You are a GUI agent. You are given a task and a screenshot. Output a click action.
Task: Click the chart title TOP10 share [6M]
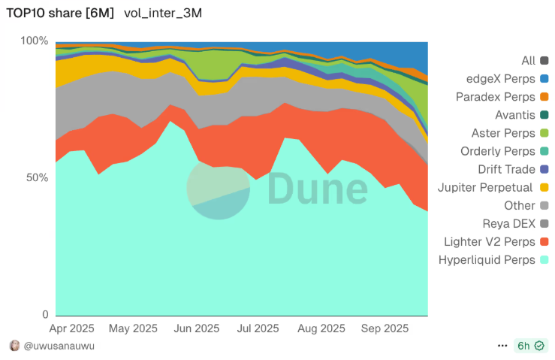point(60,14)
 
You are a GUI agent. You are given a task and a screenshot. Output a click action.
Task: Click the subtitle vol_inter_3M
point(163,14)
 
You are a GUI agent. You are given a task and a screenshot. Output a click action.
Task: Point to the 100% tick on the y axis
point(34,41)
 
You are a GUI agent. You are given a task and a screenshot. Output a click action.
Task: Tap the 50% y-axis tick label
point(37,178)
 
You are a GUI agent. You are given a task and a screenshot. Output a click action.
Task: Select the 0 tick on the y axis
point(45,315)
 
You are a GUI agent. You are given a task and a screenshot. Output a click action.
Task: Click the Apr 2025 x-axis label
point(72,328)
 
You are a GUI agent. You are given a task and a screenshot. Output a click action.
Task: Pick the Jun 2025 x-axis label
point(196,328)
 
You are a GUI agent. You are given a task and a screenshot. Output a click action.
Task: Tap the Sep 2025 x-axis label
point(385,328)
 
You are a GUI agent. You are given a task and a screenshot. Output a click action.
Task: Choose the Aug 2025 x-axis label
point(321,328)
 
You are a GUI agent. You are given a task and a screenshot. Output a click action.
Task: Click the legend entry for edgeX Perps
point(500,79)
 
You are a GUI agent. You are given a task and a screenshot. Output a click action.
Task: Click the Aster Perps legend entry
point(502,133)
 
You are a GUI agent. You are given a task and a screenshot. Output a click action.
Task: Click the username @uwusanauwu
point(59,346)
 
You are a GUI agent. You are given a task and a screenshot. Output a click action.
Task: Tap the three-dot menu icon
point(502,346)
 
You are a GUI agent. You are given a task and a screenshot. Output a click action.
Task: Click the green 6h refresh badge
point(530,346)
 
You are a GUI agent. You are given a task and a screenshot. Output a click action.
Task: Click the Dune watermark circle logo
point(218,188)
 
